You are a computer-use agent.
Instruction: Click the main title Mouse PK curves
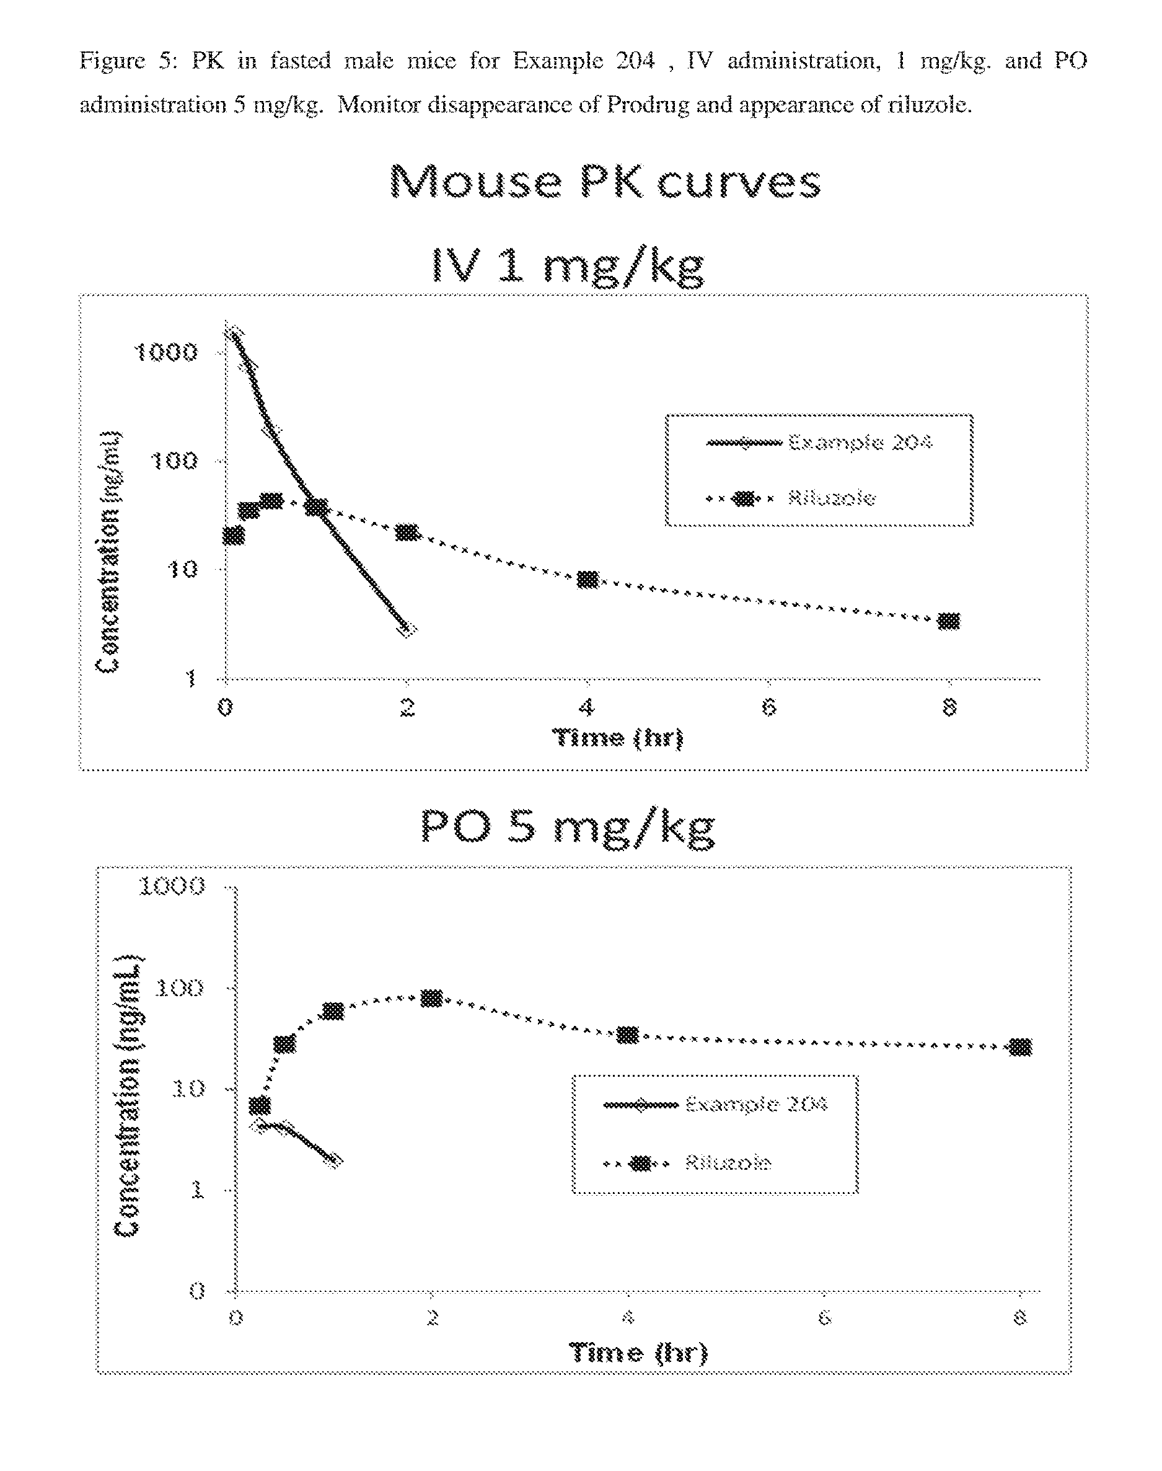click(605, 182)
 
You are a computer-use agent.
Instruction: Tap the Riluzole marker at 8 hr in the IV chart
click(948, 621)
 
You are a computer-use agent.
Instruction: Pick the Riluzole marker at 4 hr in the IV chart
click(588, 580)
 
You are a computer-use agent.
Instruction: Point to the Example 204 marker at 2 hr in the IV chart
click(407, 629)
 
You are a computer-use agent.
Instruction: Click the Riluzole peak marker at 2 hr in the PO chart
click(431, 998)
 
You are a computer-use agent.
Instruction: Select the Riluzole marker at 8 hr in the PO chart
click(1021, 1047)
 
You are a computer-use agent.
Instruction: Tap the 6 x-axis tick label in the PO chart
click(824, 1319)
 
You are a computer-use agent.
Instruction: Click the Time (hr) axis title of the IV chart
click(618, 738)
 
